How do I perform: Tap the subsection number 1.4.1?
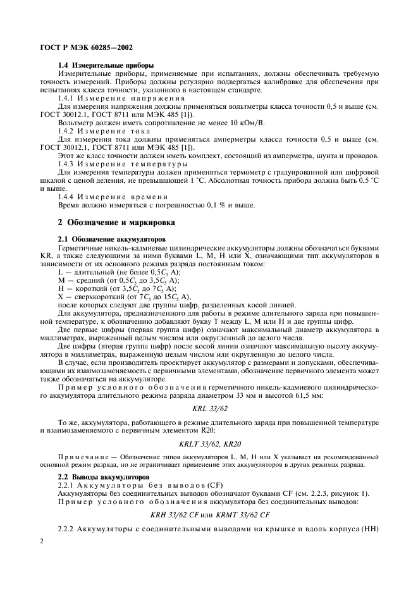[68, 99]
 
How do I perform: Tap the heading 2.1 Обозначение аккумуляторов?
[111, 239]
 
